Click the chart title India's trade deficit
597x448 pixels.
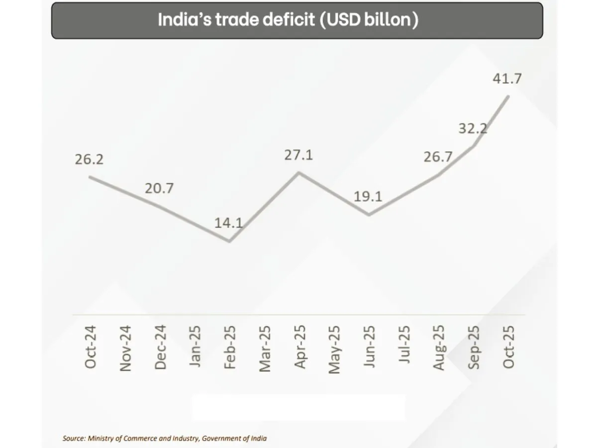coord(288,20)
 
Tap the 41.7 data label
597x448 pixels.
coord(507,78)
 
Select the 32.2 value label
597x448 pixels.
coord(472,128)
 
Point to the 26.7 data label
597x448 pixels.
coord(437,157)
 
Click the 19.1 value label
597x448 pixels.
coord(368,196)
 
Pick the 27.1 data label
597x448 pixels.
coord(298,155)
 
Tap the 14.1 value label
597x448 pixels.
coord(228,223)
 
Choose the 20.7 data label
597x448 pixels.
coord(159,189)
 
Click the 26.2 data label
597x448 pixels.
coord(89,160)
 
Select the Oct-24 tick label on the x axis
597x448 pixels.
coord(91,347)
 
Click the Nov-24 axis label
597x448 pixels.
coord(125,348)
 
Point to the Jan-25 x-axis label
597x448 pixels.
coord(195,346)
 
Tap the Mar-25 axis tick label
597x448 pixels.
coord(265,348)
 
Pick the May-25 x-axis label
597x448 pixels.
coord(334,348)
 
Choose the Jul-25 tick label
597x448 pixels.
coord(404,344)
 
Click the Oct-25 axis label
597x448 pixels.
coord(508,347)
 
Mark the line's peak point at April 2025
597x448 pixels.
coord(298,172)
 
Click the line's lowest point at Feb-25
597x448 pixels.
coord(229,241)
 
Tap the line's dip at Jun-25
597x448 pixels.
coord(369,215)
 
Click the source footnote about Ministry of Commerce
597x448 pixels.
coord(165,439)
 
